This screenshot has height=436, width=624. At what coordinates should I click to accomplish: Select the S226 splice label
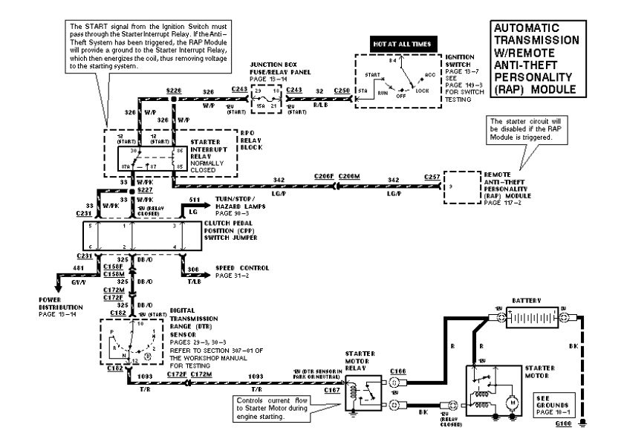[174, 90]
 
